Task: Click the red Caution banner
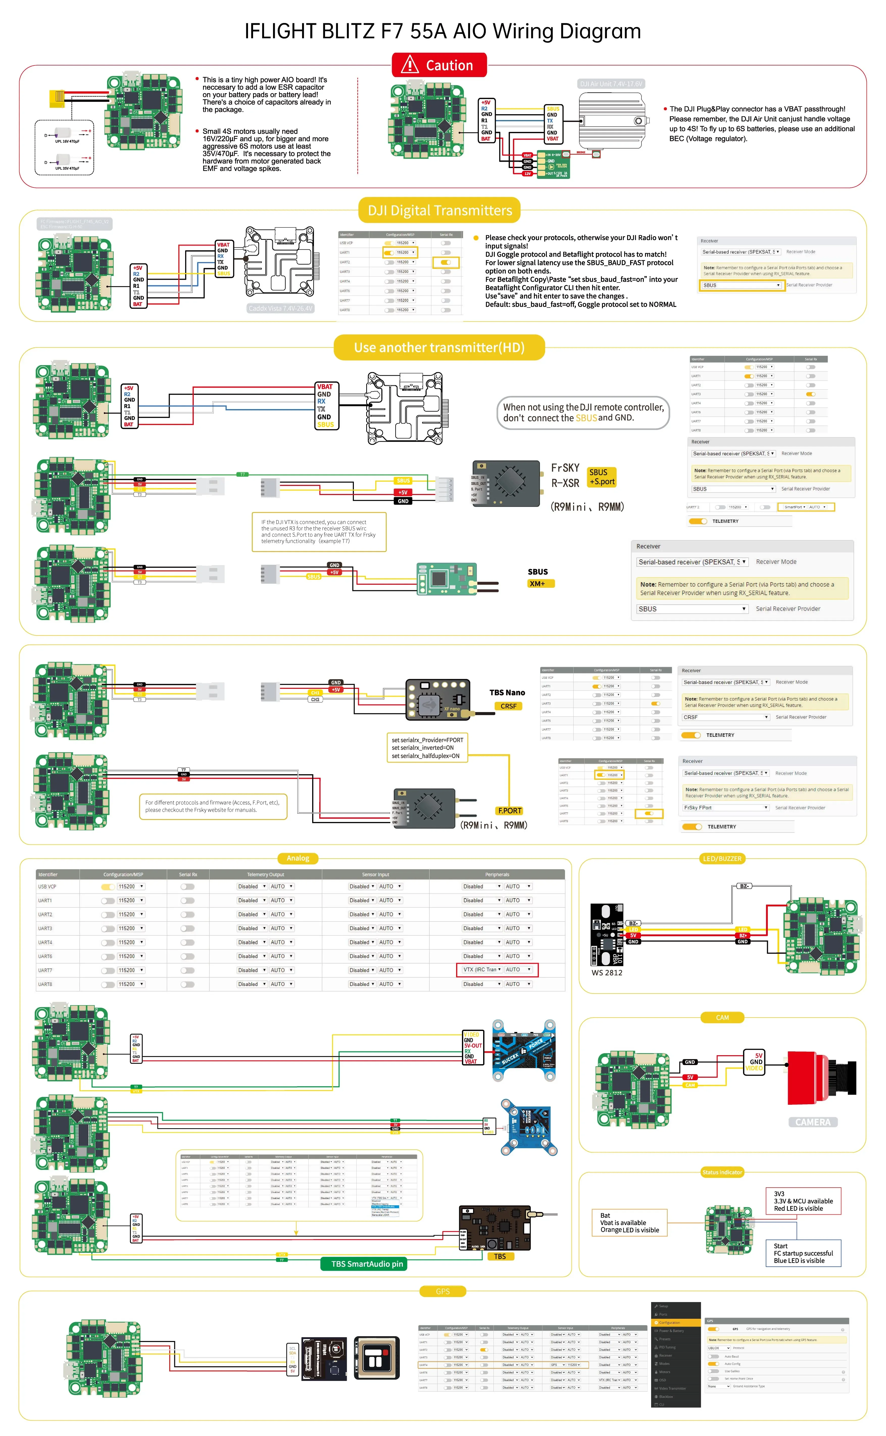click(439, 65)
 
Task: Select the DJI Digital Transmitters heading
click(439, 210)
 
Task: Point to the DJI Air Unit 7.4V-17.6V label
click(611, 84)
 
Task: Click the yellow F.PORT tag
click(509, 811)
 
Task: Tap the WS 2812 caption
click(606, 972)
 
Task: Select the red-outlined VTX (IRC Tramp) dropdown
click(497, 970)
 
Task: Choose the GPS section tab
click(442, 1291)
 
